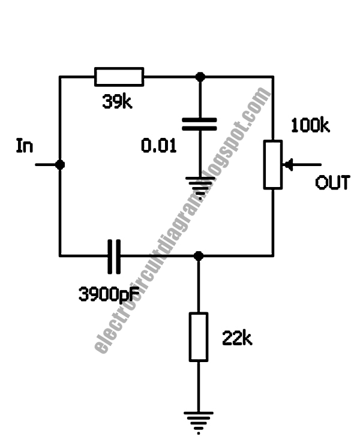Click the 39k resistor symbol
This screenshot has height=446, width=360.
119,77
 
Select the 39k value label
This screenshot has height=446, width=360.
116,103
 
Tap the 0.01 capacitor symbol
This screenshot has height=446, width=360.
199,124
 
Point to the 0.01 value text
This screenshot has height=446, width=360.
158,145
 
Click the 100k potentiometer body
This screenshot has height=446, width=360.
273,164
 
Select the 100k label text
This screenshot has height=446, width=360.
310,126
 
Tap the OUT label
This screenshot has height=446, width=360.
332,183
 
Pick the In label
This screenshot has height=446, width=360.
25,147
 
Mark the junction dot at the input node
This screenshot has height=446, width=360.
59,164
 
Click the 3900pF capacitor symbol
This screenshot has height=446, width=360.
114,256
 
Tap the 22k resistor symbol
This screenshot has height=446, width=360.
199,336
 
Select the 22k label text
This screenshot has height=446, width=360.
236,339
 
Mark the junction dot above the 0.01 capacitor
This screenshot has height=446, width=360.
200,77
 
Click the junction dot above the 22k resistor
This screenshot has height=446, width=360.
199,256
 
